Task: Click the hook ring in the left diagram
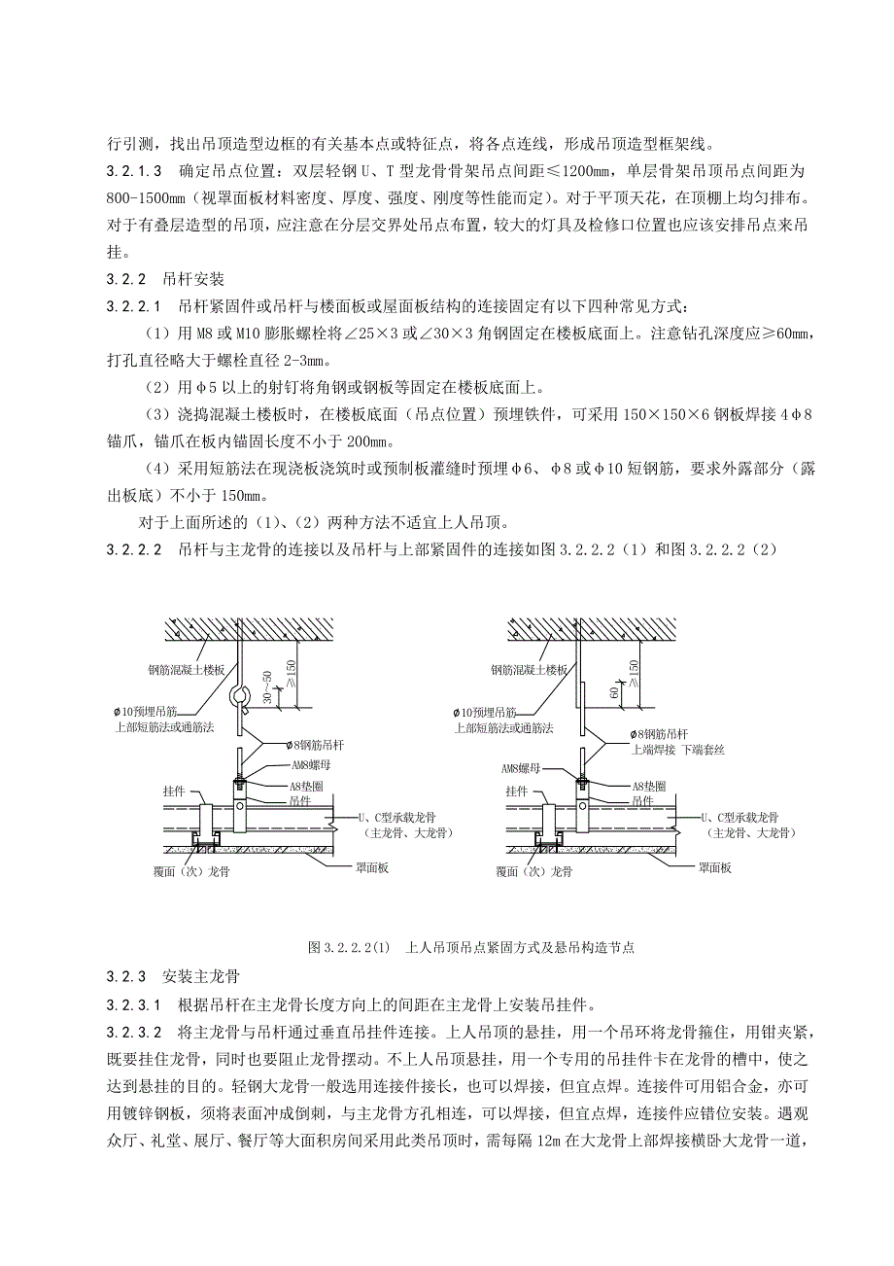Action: [x=238, y=697]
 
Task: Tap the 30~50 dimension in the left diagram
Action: [x=268, y=689]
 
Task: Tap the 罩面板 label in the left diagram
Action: [x=370, y=868]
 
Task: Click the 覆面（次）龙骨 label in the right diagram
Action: [x=532, y=872]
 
